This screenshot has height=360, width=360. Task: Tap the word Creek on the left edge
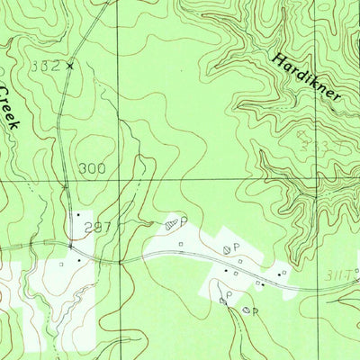coord(9,108)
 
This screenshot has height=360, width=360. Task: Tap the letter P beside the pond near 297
coord(183,220)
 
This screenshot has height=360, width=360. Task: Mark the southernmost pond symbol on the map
coord(247,310)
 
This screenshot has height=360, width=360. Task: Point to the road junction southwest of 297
coord(70,244)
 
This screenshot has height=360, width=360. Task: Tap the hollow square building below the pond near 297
coord(180,242)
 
